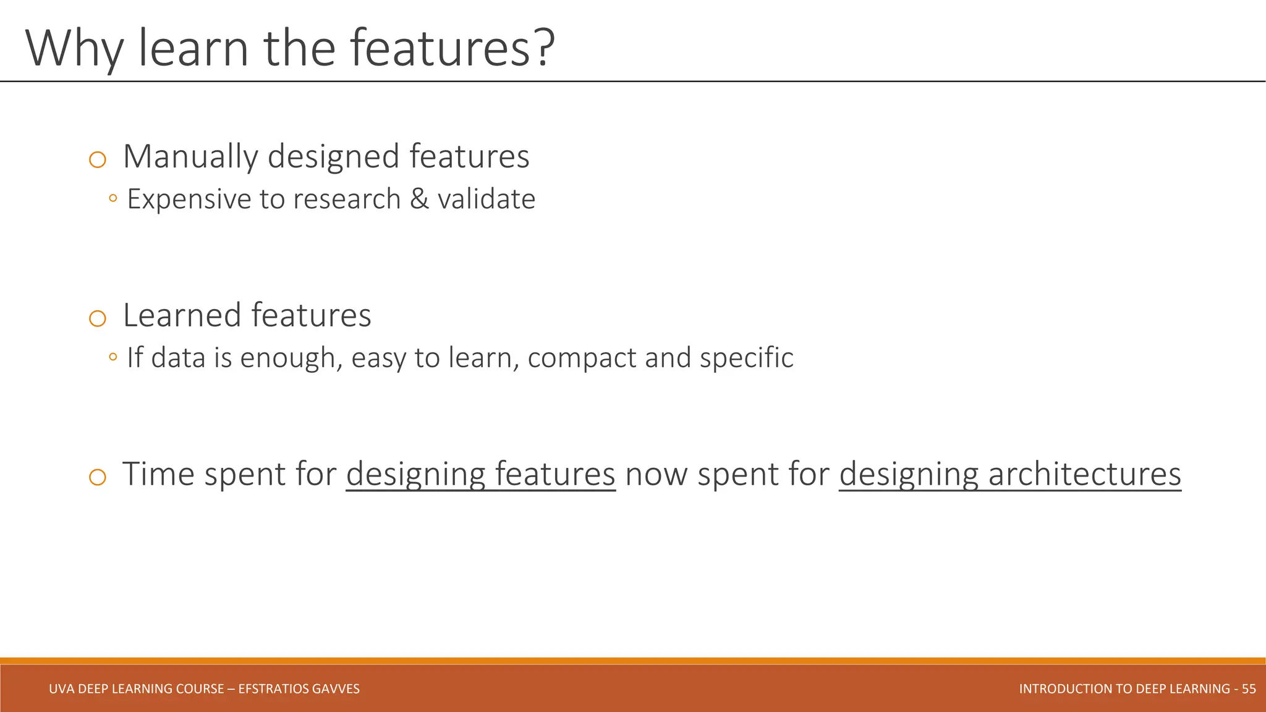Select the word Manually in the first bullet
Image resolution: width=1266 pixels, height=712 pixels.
tap(190, 157)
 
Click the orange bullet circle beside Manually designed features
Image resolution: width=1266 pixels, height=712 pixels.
tap(98, 159)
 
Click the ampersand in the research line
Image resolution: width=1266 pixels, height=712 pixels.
tap(419, 199)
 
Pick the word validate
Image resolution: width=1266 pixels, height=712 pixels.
tap(486, 199)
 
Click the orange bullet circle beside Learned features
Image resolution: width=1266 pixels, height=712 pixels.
tap(98, 318)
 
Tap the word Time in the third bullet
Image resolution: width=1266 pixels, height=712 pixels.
tap(158, 474)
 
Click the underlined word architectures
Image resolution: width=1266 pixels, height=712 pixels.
tap(1084, 474)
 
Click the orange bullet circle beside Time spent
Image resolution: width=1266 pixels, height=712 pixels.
tap(98, 477)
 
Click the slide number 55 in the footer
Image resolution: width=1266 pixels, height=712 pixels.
tap(1249, 689)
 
